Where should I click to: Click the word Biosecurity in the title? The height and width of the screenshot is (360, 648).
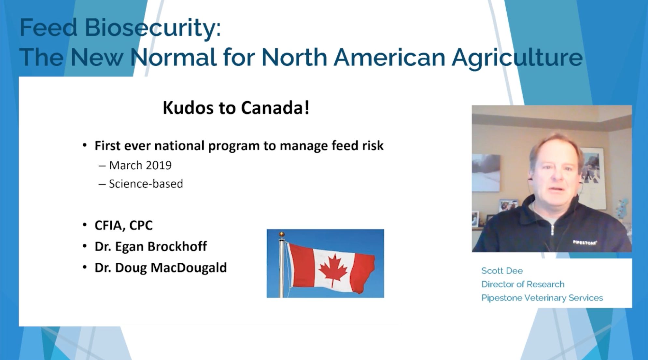[x=153, y=28]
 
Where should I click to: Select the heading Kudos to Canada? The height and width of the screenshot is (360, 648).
[x=236, y=108]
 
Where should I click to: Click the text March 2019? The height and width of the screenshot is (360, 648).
[x=140, y=165]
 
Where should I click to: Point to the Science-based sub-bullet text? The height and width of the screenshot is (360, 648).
[x=146, y=184]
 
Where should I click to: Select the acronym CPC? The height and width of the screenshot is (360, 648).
[x=141, y=225]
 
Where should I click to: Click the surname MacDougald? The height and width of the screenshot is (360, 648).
[x=189, y=268]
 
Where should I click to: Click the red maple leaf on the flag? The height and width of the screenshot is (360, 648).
[x=333, y=270]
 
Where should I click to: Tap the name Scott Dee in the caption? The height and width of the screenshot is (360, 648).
[x=502, y=271]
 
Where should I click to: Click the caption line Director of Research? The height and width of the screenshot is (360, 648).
[x=523, y=284]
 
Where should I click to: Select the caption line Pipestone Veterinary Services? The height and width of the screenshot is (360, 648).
[x=542, y=298]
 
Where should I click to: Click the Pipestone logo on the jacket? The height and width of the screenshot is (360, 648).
[x=585, y=242]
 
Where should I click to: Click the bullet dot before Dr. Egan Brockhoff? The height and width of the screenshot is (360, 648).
[x=85, y=246]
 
